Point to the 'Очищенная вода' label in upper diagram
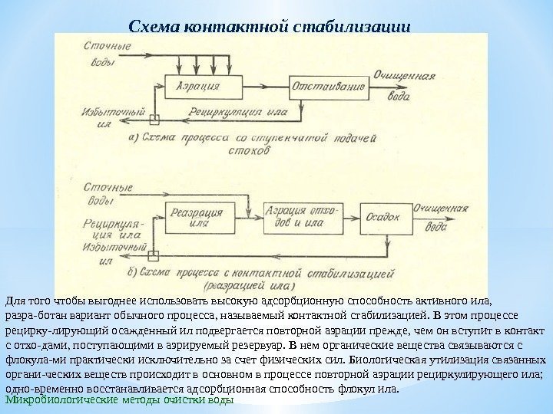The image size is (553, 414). [x=402, y=81]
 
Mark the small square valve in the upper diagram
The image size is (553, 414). [x=154, y=119]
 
